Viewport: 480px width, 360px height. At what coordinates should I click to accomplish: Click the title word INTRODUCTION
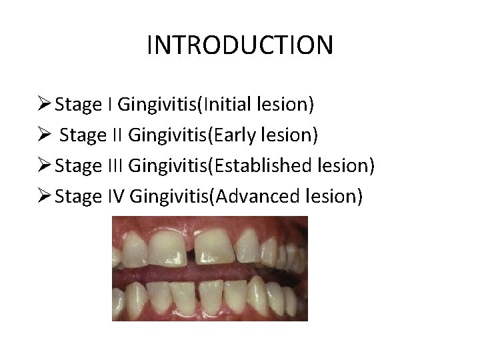click(x=239, y=46)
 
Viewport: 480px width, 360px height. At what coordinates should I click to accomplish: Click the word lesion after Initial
click(x=289, y=105)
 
